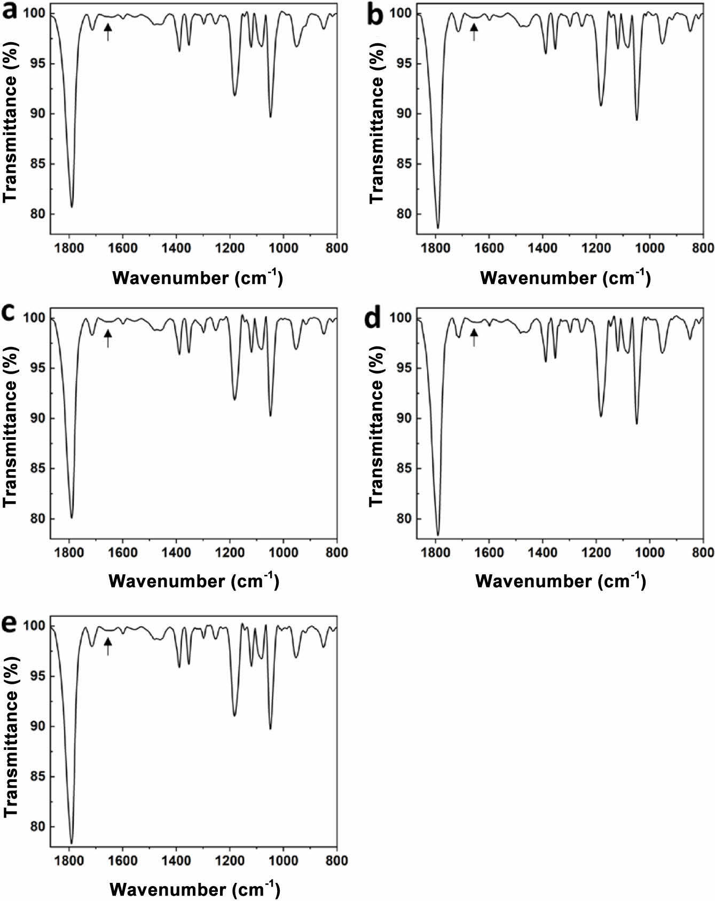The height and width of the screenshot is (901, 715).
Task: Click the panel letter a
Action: [11, 12]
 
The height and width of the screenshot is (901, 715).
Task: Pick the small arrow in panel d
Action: [474, 337]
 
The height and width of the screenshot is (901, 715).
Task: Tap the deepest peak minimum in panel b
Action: [438, 228]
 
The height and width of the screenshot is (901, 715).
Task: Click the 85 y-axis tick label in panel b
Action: [407, 164]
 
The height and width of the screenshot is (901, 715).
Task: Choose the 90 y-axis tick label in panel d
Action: [407, 418]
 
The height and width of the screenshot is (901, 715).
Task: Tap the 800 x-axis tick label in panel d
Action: [703, 552]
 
